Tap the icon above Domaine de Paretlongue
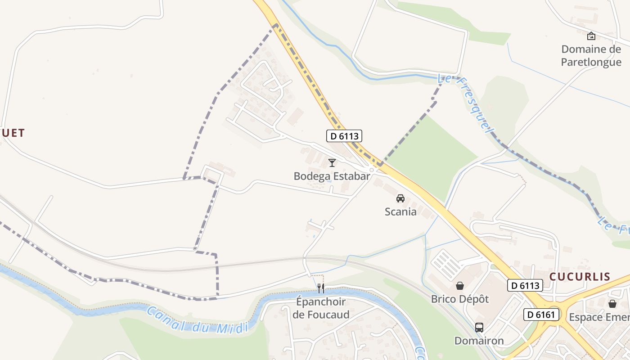(591, 36)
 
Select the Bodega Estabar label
(332, 176)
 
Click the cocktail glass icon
(332, 162)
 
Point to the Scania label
(400, 211)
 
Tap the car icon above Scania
(400, 198)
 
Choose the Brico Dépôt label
(460, 299)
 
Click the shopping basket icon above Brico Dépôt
(460, 285)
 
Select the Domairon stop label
(479, 341)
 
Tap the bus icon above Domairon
(479, 328)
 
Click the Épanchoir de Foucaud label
(321, 308)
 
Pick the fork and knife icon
(321, 288)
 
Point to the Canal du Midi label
(198, 320)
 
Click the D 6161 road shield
(540, 314)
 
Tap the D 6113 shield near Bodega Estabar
(344, 135)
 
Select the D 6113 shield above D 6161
(525, 285)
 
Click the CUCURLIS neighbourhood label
(580, 277)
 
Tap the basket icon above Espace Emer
(612, 304)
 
